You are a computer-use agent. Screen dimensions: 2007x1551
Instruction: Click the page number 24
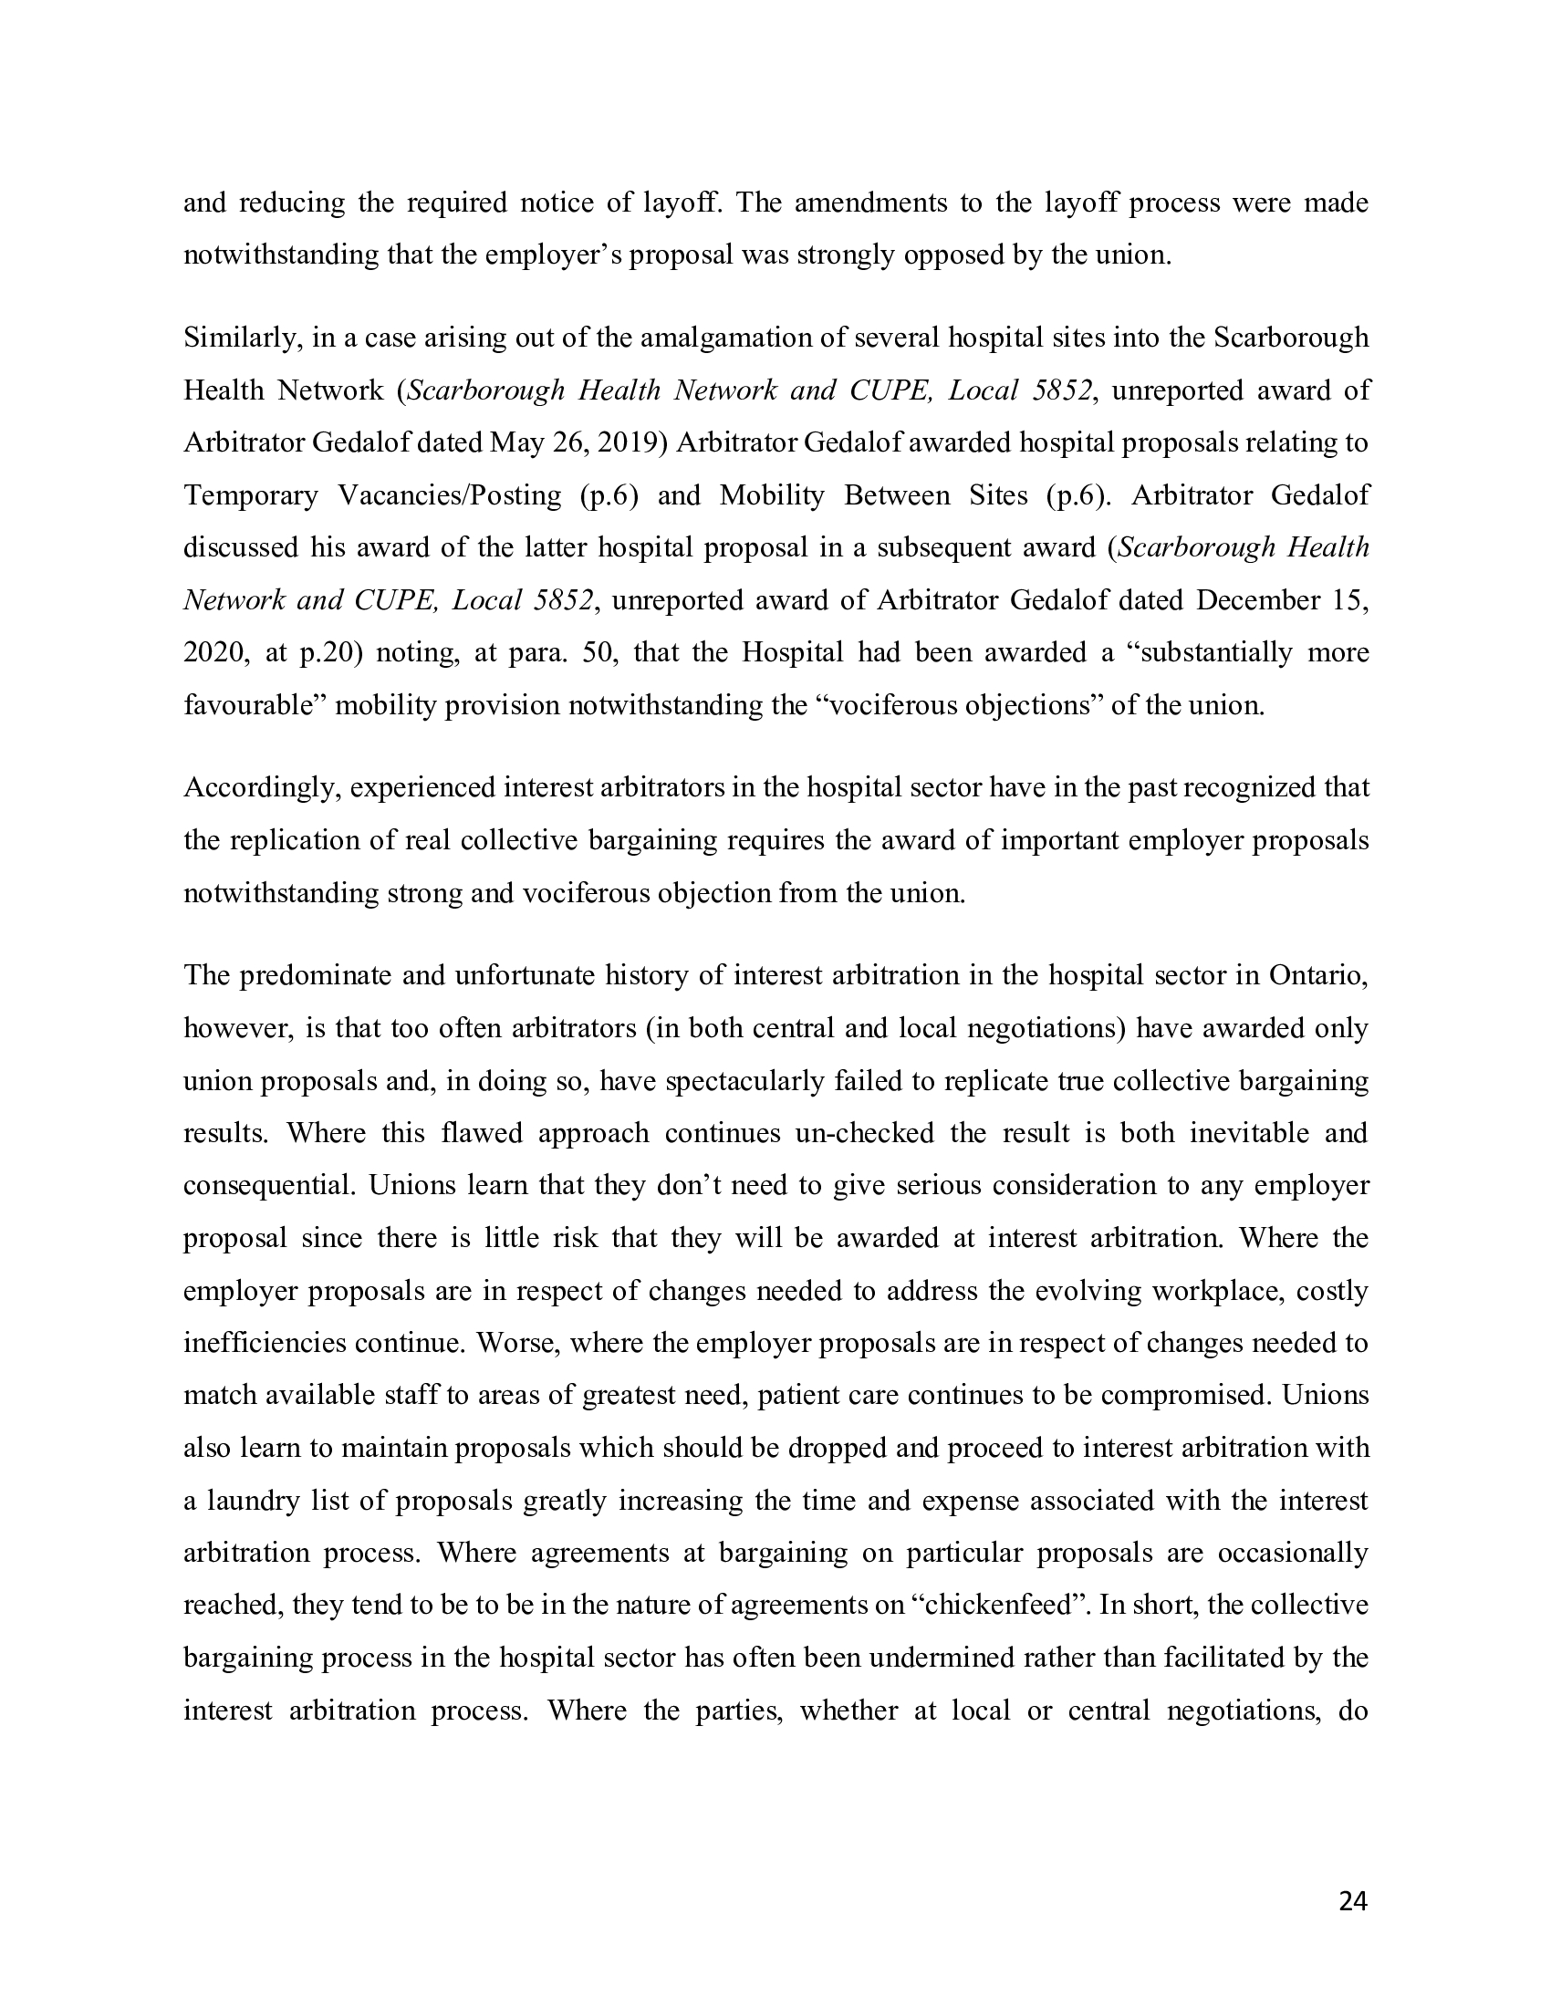tap(1352, 1901)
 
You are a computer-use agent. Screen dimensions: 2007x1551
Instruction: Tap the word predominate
tap(313, 975)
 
